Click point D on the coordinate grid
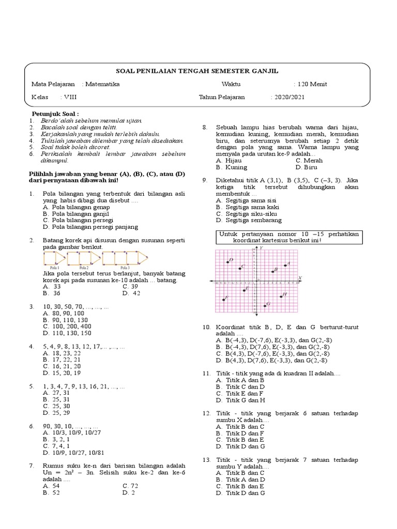tap(228, 262)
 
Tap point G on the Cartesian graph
tap(265, 305)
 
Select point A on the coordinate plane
tap(285, 266)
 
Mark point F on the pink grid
tap(224, 300)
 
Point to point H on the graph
tap(281, 296)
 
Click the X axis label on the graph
tap(300, 278)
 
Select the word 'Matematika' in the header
tap(102, 84)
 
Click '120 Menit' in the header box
tap(311, 84)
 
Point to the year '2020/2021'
tap(288, 97)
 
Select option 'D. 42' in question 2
tap(131, 293)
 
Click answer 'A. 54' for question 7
tap(51, 486)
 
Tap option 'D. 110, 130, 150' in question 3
tap(67, 333)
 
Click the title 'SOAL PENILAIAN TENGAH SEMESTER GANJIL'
tap(198, 71)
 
